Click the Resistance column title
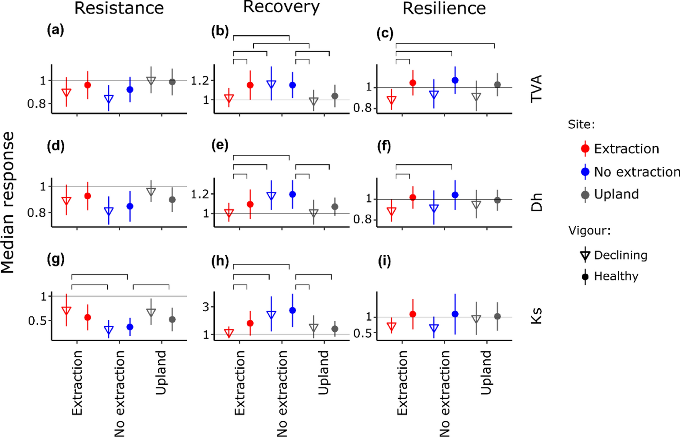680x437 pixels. coord(119,8)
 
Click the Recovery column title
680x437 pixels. coord(281,7)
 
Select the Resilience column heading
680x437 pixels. coord(444,8)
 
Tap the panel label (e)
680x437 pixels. coord(220,145)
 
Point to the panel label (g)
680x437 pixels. coord(56,260)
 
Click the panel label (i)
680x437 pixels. coord(384,261)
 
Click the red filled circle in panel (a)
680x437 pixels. coord(88,85)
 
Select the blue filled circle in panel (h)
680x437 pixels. coord(292,310)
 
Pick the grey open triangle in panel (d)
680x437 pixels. coord(151,191)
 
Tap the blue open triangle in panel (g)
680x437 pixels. coord(109,330)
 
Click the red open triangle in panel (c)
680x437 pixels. coord(391,100)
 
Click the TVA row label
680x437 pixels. coord(536,88)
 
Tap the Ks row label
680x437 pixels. coord(536,316)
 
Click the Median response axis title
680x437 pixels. coord(8,202)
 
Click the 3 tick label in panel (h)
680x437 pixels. coord(206,307)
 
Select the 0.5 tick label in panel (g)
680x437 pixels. coord(37,321)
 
